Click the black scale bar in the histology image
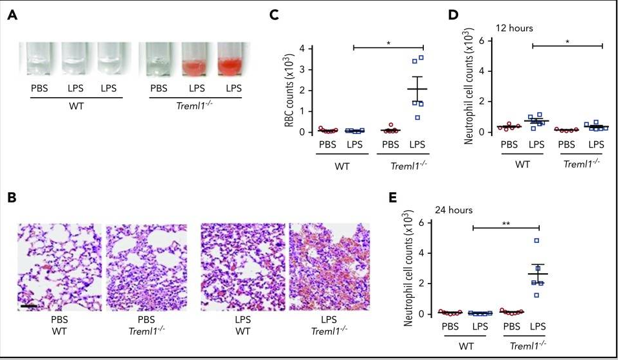[x=28, y=306]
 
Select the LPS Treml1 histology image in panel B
[x=329, y=267]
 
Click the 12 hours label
[x=514, y=28]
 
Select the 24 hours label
[x=453, y=210]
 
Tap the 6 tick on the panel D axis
[x=481, y=41]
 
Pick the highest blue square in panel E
[x=536, y=241]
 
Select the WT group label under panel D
[x=522, y=164]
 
